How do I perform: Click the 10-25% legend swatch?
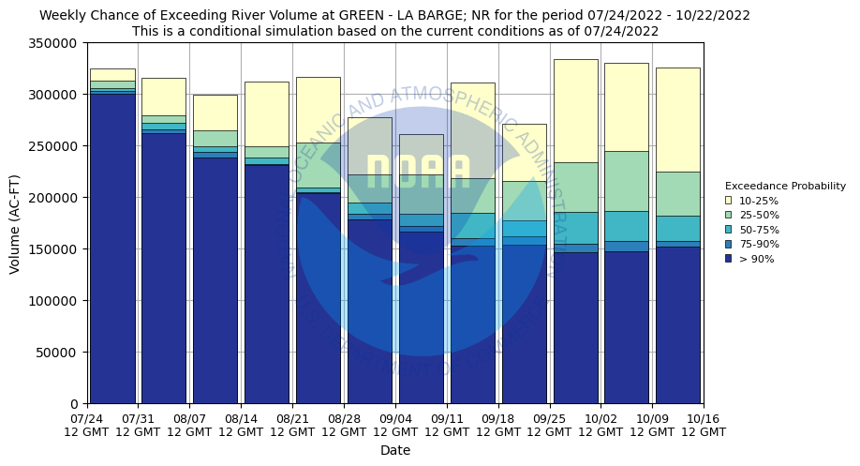coord(728,201)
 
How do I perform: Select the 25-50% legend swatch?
coord(728,216)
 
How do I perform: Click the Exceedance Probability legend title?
coord(784,186)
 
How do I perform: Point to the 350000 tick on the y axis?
coord(55,43)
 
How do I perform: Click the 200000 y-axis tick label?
coord(55,198)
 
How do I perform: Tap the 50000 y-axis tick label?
coord(59,353)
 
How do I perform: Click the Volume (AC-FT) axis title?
coord(15,223)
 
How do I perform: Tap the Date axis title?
coord(395,451)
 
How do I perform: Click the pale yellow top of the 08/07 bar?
coord(215,113)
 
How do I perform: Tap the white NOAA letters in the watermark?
coord(418,173)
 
